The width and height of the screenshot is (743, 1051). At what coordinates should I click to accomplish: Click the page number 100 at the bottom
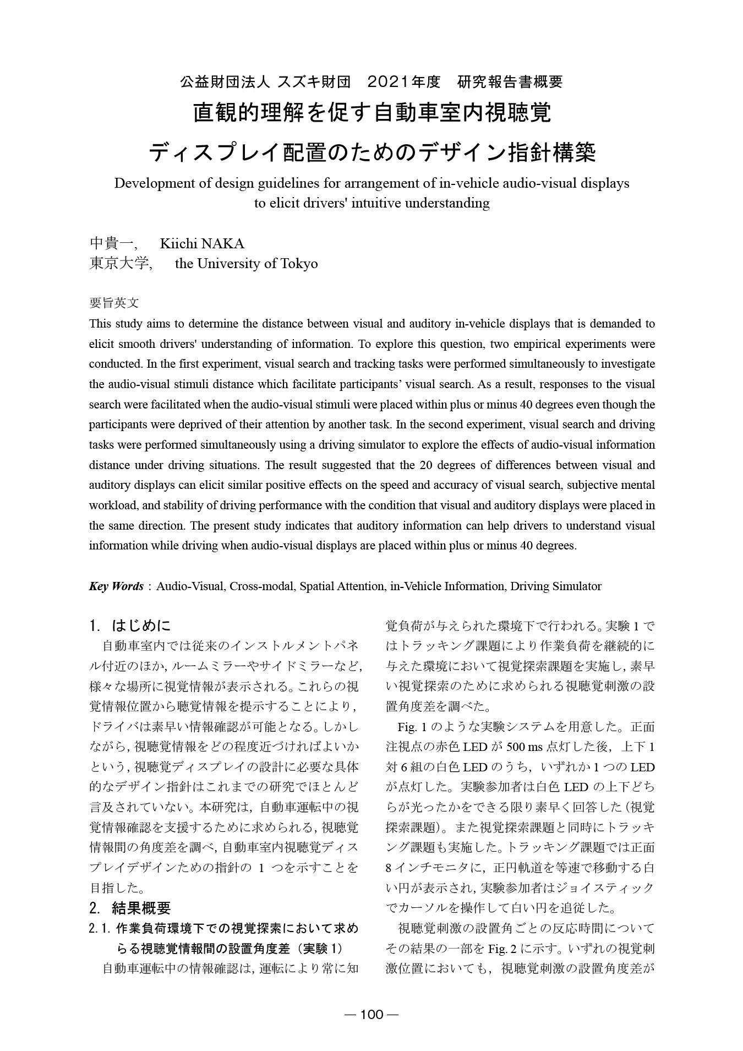(x=371, y=1015)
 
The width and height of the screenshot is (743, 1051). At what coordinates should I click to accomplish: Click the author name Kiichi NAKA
(x=201, y=243)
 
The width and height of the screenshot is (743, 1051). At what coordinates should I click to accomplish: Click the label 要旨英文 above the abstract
(x=114, y=303)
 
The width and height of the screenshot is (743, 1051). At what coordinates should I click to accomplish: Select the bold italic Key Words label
(x=116, y=586)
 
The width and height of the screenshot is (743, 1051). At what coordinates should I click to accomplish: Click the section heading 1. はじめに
(x=130, y=626)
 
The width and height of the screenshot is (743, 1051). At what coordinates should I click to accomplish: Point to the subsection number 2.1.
(x=101, y=929)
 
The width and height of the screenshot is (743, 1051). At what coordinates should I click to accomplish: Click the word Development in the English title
(x=149, y=183)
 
